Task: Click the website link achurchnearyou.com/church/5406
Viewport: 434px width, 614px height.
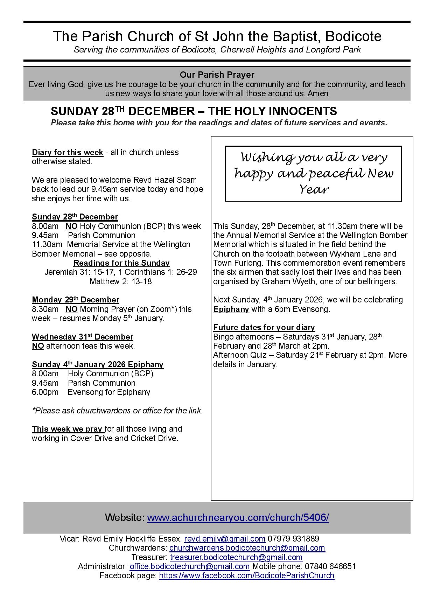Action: pos(238,517)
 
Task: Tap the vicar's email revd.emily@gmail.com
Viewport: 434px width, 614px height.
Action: pos(224,539)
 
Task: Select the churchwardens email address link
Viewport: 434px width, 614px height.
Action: pos(247,548)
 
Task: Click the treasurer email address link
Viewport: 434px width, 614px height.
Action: pos(236,557)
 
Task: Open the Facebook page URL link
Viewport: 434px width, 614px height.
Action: pos(246,575)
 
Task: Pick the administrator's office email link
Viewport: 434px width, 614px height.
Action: pos(189,566)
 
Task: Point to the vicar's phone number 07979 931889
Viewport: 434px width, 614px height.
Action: pos(293,539)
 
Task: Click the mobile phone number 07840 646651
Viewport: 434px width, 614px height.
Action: pos(330,566)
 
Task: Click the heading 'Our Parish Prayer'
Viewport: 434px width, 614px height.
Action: pos(217,75)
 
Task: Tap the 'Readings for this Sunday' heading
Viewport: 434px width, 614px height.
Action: pos(121,263)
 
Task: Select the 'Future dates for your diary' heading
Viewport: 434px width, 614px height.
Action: pos(264,327)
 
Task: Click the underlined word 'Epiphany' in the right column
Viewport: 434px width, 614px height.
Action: pos(231,309)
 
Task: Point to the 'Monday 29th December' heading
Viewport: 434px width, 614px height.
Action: pos(75,300)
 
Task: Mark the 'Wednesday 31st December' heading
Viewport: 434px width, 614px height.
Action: pos(82,337)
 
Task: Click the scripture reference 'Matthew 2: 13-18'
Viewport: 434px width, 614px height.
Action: pos(121,281)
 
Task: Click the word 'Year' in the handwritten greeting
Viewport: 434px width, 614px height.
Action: pos(313,189)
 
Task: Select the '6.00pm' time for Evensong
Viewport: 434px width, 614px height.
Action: pos(45,392)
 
